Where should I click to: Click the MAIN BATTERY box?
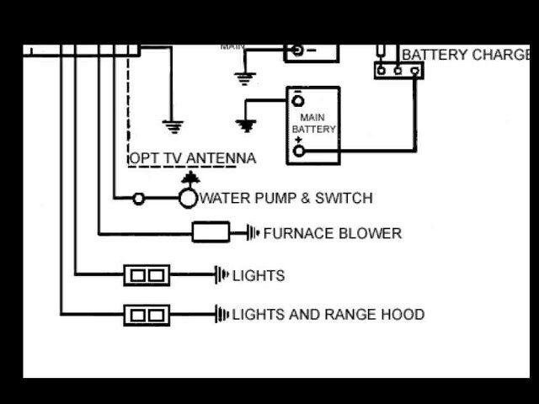point(313,125)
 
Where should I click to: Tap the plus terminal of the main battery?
point(298,151)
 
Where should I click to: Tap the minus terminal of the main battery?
point(297,100)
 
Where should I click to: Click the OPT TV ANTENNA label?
point(192,158)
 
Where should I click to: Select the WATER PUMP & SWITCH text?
point(286,199)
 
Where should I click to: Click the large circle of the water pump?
point(188,199)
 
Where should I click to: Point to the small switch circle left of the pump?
point(139,199)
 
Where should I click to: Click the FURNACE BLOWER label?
point(332,233)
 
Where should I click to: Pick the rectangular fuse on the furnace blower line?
point(211,232)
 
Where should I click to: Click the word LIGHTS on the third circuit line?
point(259,275)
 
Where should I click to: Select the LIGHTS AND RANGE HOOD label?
point(328,315)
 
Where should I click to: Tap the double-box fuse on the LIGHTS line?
point(147,274)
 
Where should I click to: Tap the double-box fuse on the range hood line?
point(147,315)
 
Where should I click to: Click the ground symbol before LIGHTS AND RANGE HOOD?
point(222,315)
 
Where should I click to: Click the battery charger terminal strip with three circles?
point(398,71)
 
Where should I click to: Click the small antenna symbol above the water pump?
point(191,178)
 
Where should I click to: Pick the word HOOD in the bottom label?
point(403,315)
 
